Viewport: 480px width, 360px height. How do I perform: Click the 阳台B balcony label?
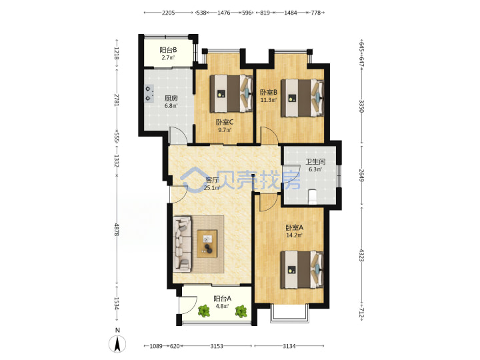point(168,50)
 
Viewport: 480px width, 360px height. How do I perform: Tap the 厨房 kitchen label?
point(171,98)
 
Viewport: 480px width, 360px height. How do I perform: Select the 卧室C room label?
point(225,123)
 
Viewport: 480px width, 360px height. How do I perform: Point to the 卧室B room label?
point(269,92)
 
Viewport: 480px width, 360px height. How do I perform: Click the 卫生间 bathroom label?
point(315,161)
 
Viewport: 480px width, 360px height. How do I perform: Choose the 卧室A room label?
point(294,228)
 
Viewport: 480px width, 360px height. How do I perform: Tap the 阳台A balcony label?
point(222,299)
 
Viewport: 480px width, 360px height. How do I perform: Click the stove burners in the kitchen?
point(149,93)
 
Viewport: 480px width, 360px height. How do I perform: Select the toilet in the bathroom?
point(312,196)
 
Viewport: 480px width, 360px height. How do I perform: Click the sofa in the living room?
point(183,244)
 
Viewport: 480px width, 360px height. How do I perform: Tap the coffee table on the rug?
point(207,244)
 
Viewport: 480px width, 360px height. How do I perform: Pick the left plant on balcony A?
point(203,311)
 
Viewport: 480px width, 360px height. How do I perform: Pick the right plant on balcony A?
point(241,311)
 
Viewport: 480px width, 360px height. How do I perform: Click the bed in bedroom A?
point(302,270)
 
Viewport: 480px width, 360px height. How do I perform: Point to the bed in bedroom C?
point(231,93)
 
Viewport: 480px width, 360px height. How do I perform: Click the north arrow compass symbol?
point(117,344)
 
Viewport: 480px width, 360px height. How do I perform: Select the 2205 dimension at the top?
point(169,13)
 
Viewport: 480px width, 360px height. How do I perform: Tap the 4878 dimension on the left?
point(117,229)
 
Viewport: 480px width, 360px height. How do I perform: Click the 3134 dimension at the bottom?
point(289,346)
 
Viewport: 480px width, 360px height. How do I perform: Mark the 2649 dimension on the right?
point(361,175)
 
